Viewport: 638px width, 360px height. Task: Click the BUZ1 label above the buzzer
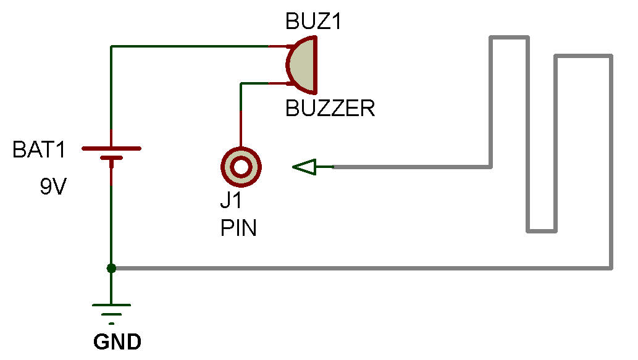coord(313,22)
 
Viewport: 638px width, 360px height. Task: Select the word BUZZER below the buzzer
coord(330,109)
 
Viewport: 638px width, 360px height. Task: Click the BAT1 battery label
coord(38,150)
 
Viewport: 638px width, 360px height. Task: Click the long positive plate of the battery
coord(111,149)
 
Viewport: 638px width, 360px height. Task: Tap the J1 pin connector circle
coord(241,166)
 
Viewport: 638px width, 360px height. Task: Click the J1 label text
coord(232,203)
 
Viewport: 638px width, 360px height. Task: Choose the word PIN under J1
coord(238,228)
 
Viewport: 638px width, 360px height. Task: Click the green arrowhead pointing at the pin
coord(304,167)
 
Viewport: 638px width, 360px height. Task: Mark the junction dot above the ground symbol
coord(111,268)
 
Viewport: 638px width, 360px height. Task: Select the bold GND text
coord(117,341)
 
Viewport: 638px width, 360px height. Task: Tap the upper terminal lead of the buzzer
coord(278,46)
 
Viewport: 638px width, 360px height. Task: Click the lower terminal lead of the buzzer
coord(278,83)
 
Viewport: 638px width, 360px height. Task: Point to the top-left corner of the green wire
coord(111,46)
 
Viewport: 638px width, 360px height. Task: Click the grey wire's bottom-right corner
coord(611,267)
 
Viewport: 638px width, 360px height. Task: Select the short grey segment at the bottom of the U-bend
coord(542,231)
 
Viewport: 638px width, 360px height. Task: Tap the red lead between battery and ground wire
coord(111,176)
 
